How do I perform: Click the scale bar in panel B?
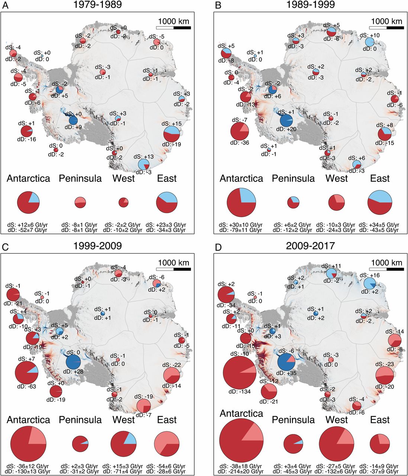(x=386, y=28)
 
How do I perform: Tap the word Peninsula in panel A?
(x=80, y=178)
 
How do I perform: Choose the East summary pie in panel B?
(x=380, y=202)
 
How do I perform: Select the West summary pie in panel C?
(x=124, y=444)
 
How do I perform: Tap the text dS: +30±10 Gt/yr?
(x=242, y=225)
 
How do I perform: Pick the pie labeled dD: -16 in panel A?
(x=27, y=132)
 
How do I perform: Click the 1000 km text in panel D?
(x=386, y=263)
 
